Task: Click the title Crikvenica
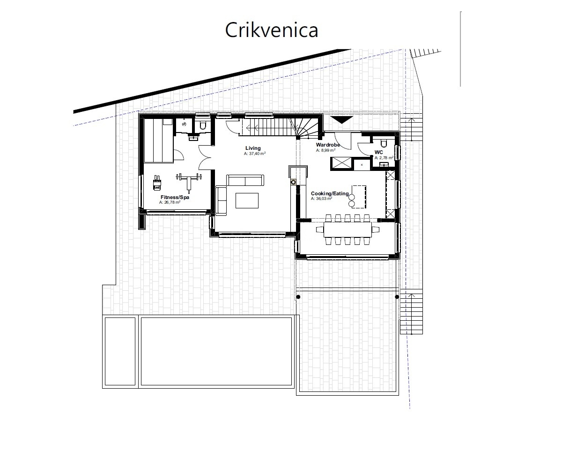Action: (272, 30)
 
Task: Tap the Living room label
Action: (253, 148)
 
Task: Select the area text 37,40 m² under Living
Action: (255, 154)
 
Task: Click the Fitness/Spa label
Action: (175, 198)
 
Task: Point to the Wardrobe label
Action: (328, 146)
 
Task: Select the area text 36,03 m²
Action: (321, 199)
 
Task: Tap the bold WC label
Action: (378, 153)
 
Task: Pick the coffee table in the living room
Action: (247, 200)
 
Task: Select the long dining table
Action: (348, 229)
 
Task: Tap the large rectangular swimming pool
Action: (217, 351)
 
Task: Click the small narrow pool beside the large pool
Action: (120, 351)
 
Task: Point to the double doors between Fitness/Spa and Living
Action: (205, 157)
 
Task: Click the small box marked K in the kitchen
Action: (362, 164)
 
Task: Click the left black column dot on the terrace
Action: (298, 297)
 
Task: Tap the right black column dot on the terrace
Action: (397, 297)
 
